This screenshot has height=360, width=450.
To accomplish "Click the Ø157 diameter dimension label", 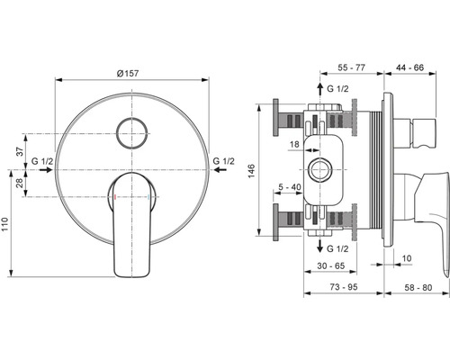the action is click(x=128, y=73).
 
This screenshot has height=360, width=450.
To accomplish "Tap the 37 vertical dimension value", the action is click(x=20, y=151).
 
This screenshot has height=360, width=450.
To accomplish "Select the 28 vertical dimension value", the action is click(x=20, y=183).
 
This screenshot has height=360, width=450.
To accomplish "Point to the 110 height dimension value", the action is click(x=4, y=224).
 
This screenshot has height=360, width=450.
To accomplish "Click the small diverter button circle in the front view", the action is click(x=132, y=133).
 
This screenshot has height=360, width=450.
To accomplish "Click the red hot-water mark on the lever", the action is click(x=115, y=197).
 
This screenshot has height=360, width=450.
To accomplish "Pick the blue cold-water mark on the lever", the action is click(x=148, y=197).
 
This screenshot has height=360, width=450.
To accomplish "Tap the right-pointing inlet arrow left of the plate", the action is click(x=46, y=170).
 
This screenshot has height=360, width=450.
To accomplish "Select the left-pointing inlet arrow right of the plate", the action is click(x=220, y=170).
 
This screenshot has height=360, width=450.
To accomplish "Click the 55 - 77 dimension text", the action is click(x=352, y=67).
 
